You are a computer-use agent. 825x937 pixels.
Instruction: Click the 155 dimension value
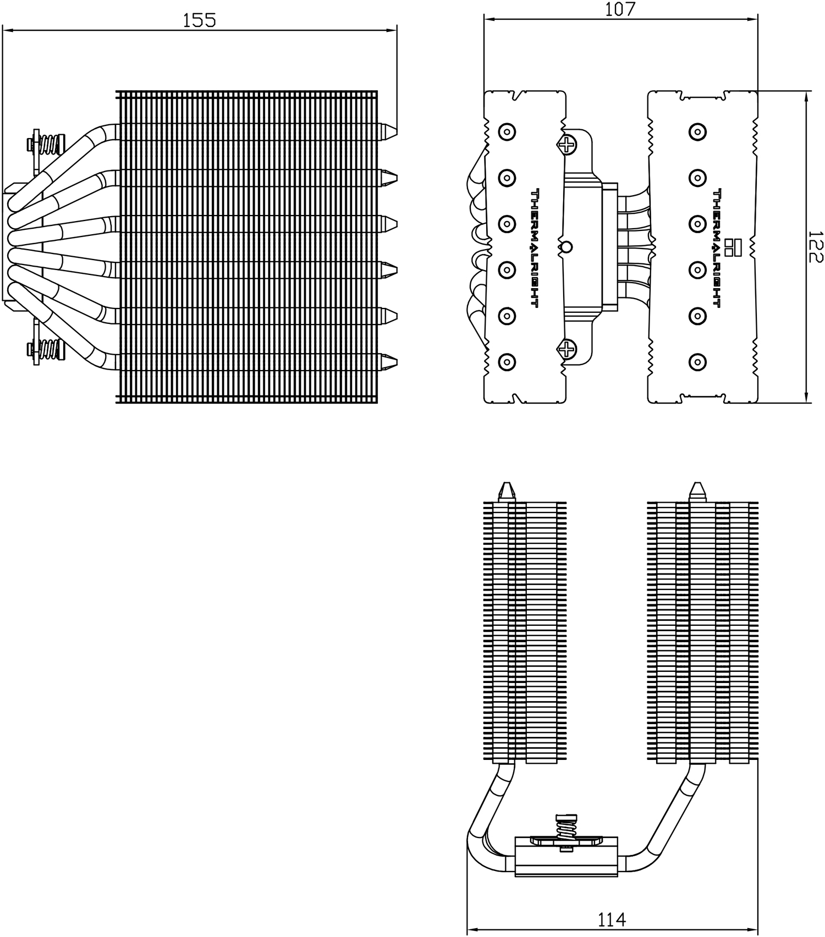pyautogui.click(x=199, y=20)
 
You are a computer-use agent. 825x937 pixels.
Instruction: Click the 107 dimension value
pyautogui.click(x=620, y=9)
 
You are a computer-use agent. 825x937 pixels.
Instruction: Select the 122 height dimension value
pyautogui.click(x=816, y=247)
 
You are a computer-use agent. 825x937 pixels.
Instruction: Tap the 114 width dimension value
pyautogui.click(x=612, y=919)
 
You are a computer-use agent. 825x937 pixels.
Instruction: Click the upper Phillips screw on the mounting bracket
pyautogui.click(x=567, y=145)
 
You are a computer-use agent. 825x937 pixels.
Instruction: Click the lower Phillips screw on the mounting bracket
pyautogui.click(x=566, y=349)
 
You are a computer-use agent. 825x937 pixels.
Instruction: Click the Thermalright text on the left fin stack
pyautogui.click(x=534, y=247)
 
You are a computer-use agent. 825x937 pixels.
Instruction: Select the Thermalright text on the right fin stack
pyautogui.click(x=717, y=247)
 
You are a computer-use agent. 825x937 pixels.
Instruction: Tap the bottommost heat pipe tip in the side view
pyautogui.click(x=389, y=361)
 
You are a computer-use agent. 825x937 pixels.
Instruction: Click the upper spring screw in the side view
pyautogui.click(x=46, y=145)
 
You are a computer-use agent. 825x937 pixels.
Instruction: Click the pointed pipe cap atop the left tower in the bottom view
pyautogui.click(x=507, y=491)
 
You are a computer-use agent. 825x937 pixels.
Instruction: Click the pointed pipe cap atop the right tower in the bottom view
pyautogui.click(x=697, y=491)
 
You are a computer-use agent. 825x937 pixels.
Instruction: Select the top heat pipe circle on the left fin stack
pyautogui.click(x=507, y=132)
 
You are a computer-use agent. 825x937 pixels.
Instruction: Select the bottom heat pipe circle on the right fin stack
pyautogui.click(x=697, y=362)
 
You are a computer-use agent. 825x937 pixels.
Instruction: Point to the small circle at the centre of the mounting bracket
pyautogui.click(x=566, y=247)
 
